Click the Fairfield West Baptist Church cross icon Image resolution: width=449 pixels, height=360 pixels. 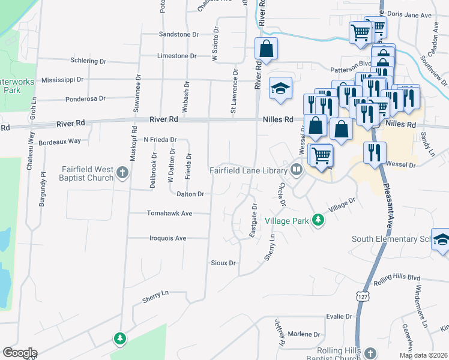122,173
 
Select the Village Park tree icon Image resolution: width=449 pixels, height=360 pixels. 319,221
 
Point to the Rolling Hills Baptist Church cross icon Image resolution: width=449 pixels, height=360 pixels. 370,353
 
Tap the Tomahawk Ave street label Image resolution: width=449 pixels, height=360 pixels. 170,213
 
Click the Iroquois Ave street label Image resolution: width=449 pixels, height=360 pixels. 167,238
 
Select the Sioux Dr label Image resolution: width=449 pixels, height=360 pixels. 223,263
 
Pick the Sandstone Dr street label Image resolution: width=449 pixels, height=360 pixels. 178,35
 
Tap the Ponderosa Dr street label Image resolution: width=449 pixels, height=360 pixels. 85,98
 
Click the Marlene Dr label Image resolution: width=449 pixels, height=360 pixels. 304,334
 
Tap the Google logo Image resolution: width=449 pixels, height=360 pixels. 20,353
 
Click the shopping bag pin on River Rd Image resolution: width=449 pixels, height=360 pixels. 266,49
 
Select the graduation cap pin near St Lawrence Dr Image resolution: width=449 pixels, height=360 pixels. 280,88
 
